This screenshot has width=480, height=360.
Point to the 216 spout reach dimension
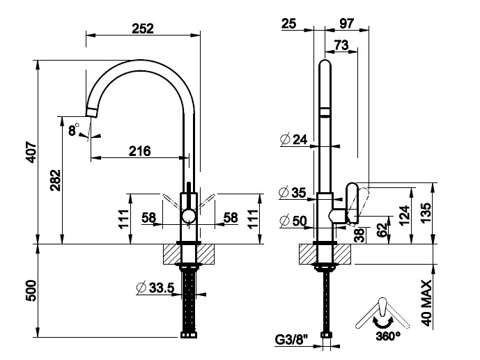139,150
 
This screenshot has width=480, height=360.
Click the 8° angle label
74,130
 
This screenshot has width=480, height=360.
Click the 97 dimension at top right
346,24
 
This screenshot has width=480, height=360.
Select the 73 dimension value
342,45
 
